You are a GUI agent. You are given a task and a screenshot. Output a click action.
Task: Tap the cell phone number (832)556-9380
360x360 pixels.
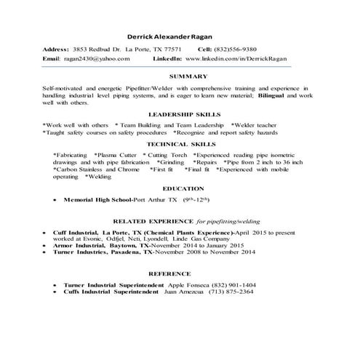(248, 48)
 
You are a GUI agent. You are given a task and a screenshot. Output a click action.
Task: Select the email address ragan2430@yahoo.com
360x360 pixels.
(92, 57)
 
